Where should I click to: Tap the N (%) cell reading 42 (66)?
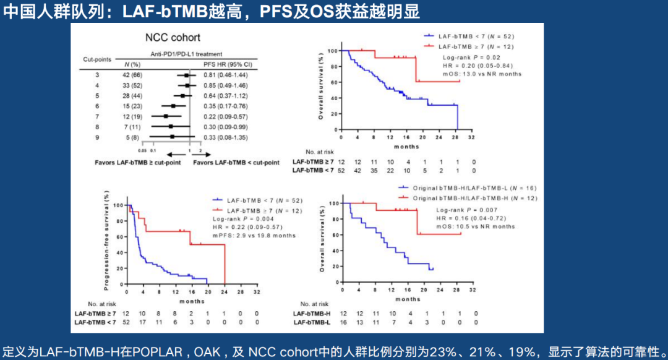(x=132, y=74)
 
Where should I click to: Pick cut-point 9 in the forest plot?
(x=97, y=137)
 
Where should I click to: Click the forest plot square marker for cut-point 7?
(x=166, y=116)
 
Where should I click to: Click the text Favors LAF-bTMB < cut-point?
(x=236, y=163)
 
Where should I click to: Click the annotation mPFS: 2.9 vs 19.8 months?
(x=254, y=236)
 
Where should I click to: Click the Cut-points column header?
(x=97, y=59)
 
